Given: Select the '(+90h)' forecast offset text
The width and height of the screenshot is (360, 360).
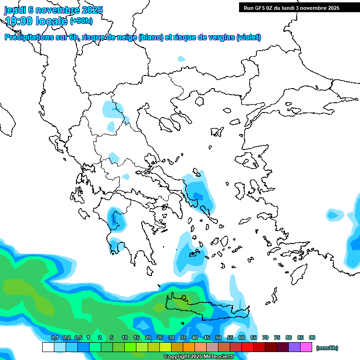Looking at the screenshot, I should click(81, 21).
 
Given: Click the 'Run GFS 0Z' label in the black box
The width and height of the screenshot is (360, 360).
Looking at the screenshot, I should click(258, 7).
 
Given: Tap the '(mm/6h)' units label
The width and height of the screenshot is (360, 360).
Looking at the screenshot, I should click(327, 348).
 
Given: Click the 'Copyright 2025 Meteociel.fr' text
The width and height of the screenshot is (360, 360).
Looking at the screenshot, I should click(199, 357).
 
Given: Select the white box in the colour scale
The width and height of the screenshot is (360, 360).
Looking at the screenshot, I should click(48, 347).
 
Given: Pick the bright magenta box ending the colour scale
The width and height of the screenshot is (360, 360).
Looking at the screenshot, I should click(306, 347).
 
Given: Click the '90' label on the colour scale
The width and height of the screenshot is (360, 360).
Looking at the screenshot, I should click(312, 337).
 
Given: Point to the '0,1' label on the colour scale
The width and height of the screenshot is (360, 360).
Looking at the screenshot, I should click(54, 337).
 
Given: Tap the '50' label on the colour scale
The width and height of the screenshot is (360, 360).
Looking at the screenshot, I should click(218, 337).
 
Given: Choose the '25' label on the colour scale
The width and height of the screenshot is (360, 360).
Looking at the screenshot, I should click(160, 337).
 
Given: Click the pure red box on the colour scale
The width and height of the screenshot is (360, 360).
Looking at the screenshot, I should click(247, 347).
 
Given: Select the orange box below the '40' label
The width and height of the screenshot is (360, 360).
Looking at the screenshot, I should click(189, 347).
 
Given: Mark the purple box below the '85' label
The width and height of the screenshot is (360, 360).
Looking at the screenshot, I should click(294, 347).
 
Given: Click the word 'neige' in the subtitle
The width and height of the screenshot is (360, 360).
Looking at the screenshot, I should click(127, 37).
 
